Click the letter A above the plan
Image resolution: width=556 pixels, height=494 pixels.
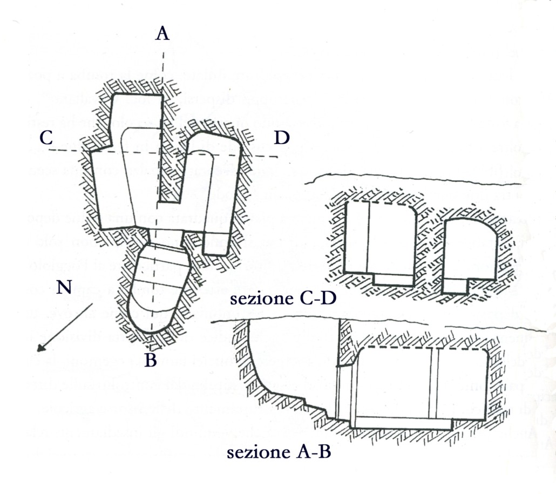click(x=162, y=34)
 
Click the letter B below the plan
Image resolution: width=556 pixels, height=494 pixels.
click(x=151, y=361)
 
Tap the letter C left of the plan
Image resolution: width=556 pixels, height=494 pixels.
click(x=46, y=138)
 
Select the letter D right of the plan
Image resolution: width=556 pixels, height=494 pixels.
click(x=281, y=138)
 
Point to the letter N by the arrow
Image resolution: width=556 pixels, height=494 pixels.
click(x=64, y=288)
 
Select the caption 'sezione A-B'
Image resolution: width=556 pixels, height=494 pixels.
click(x=279, y=452)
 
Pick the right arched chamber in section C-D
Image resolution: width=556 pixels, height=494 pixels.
click(x=470, y=248)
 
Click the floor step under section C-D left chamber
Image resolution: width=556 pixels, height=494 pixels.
click(x=393, y=279)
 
